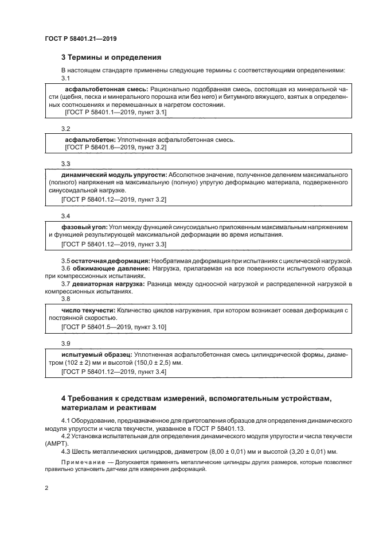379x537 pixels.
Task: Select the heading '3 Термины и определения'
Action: [x=111, y=57]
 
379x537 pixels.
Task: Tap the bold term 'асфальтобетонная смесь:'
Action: [x=107, y=90]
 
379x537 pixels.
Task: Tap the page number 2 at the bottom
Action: [x=46, y=488]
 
